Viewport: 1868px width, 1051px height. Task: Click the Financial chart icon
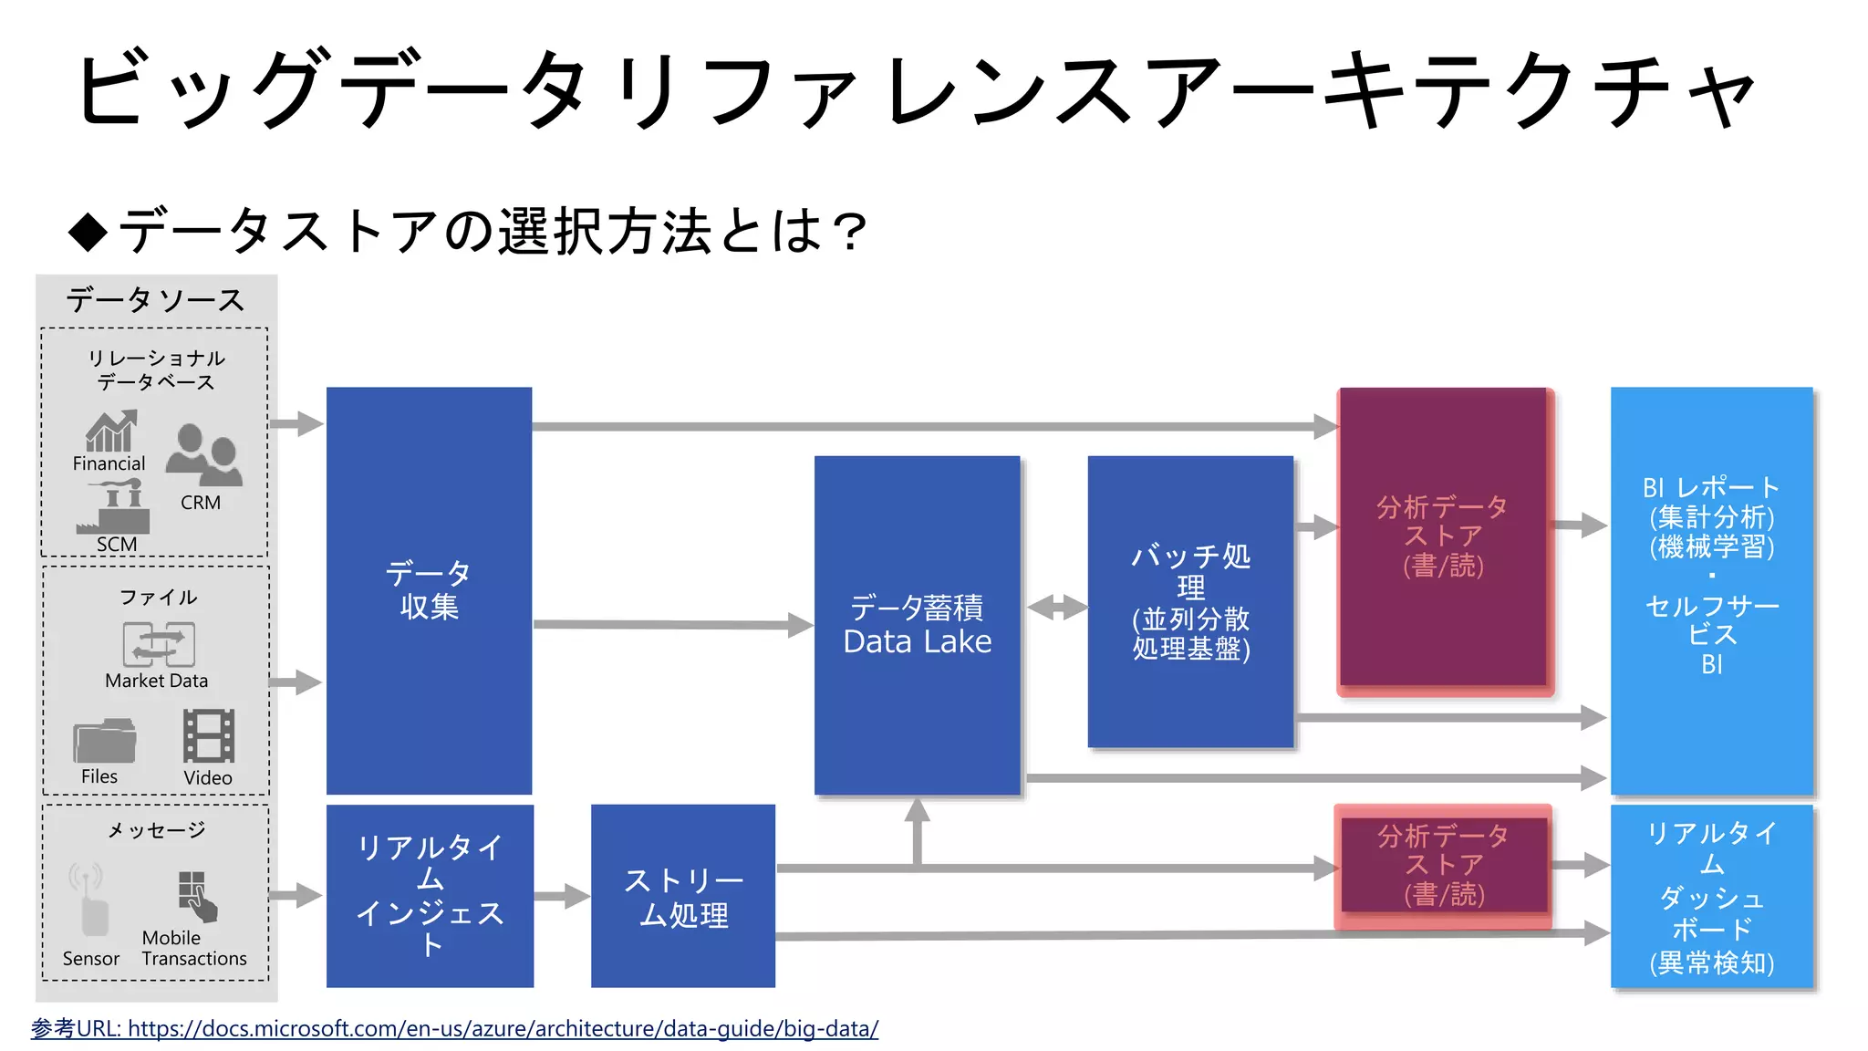tap(111, 432)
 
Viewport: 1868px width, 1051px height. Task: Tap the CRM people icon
tap(204, 455)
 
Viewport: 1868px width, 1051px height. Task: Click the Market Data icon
tap(159, 644)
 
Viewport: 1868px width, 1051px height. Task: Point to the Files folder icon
tap(104, 741)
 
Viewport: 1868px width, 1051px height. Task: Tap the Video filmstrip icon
tap(209, 735)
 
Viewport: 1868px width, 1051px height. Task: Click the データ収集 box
tap(429, 590)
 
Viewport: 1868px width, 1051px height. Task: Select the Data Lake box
tap(917, 625)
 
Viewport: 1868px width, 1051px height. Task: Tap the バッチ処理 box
tap(1190, 602)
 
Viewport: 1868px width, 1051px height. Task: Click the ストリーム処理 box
tap(683, 896)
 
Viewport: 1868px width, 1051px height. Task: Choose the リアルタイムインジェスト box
tap(430, 896)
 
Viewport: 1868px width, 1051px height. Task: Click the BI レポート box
tap(1711, 590)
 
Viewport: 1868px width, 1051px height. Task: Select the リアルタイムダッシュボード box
tap(1712, 896)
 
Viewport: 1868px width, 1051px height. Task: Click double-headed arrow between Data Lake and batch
tap(1056, 607)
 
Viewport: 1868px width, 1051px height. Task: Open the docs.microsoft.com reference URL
tap(503, 1028)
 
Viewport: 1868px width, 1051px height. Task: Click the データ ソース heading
tap(156, 300)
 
